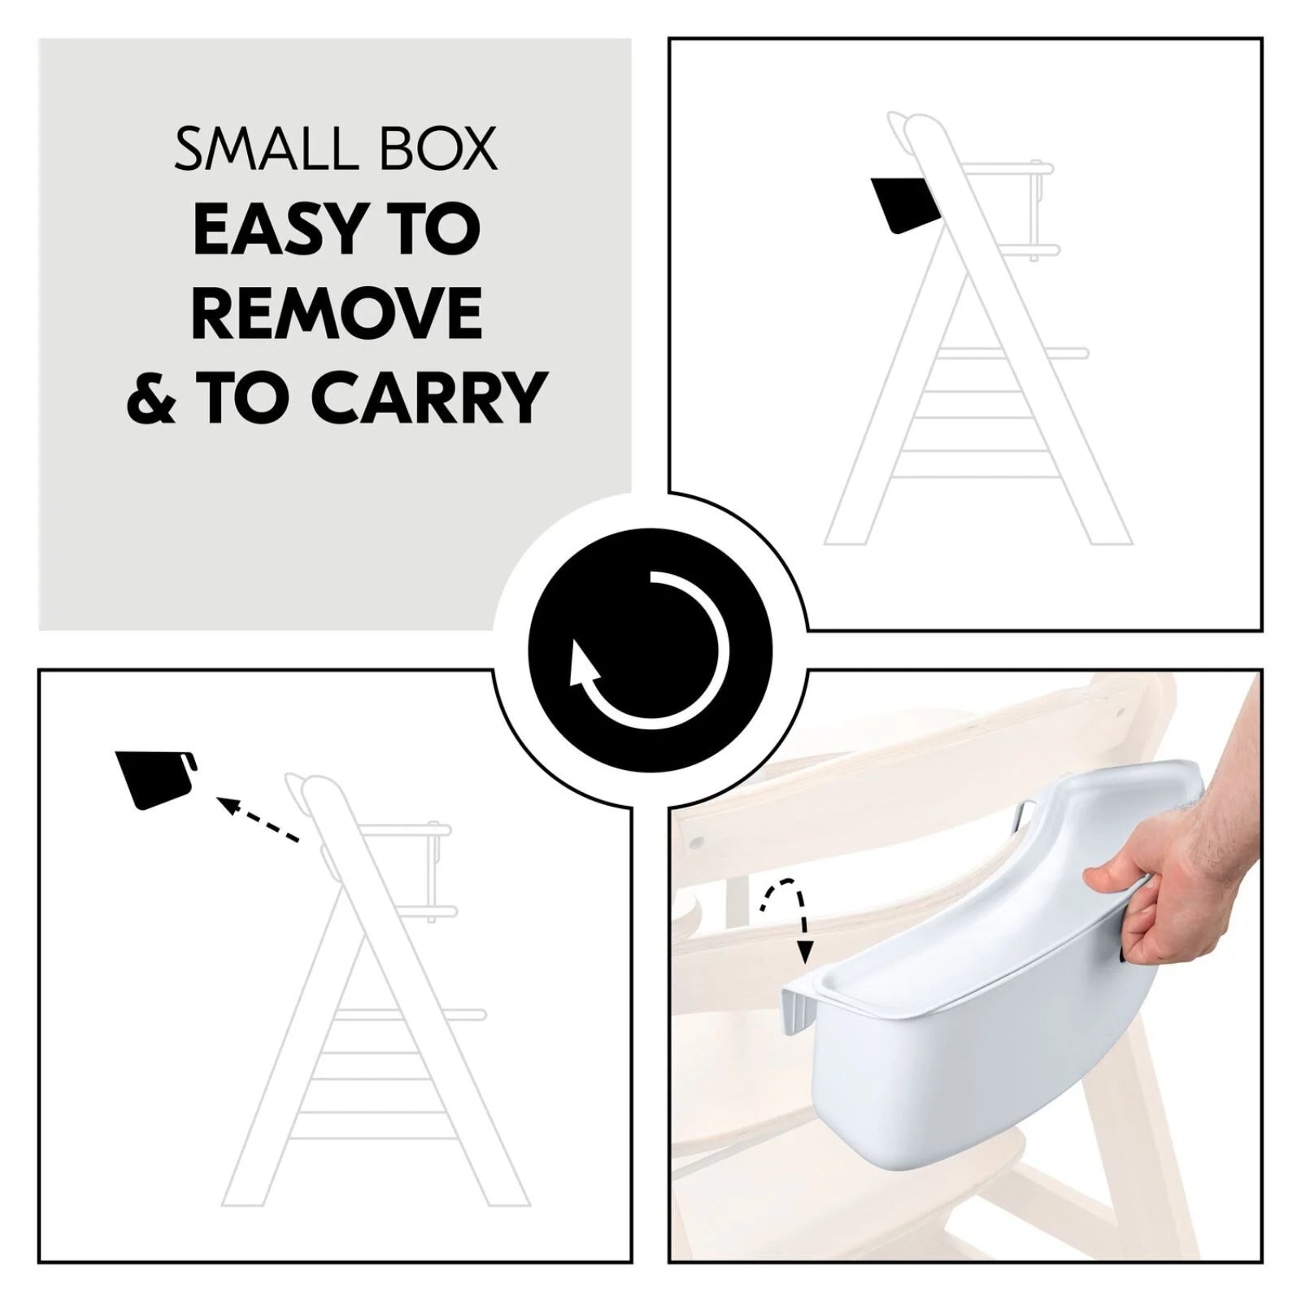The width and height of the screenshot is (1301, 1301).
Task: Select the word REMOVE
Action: pyautogui.click(x=337, y=312)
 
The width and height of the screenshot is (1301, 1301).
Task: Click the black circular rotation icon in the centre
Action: pyautogui.click(x=650, y=650)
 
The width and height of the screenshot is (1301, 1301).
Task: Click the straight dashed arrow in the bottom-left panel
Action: pyautogui.click(x=259, y=820)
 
